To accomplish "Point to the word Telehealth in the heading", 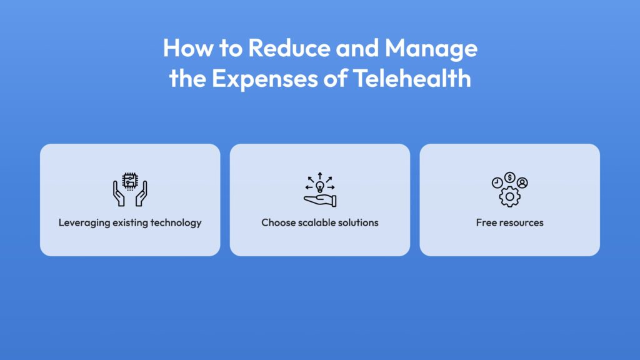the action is [x=412, y=78].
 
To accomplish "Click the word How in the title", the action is [x=188, y=47].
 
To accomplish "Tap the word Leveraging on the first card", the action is [x=84, y=223].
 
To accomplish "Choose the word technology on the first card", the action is [x=176, y=223].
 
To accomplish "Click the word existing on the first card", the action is [x=130, y=223].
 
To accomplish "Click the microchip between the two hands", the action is [x=130, y=181].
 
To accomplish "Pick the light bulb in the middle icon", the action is [x=320, y=187].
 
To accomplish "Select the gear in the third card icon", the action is [x=510, y=197].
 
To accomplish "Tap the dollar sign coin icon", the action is [x=509, y=177].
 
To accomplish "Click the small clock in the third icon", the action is [x=497, y=183].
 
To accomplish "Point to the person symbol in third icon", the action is [x=522, y=183].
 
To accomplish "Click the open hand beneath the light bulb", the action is [x=320, y=201].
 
